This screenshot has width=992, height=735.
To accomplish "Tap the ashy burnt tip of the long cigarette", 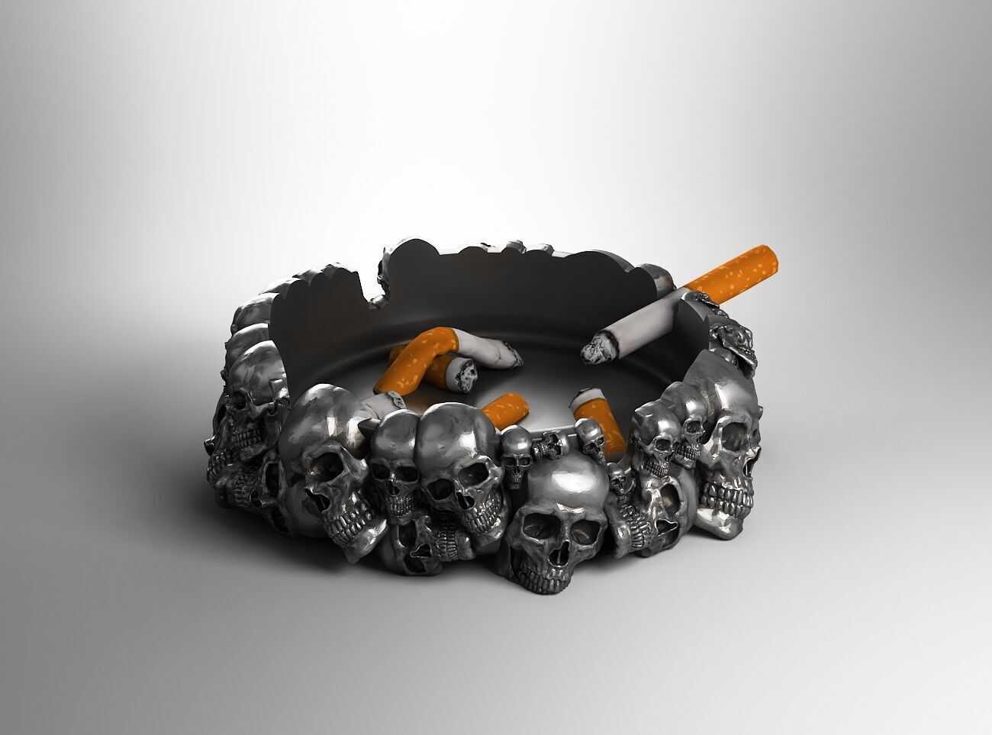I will coord(594,350).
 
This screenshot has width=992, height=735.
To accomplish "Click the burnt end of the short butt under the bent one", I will coord(464,373).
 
